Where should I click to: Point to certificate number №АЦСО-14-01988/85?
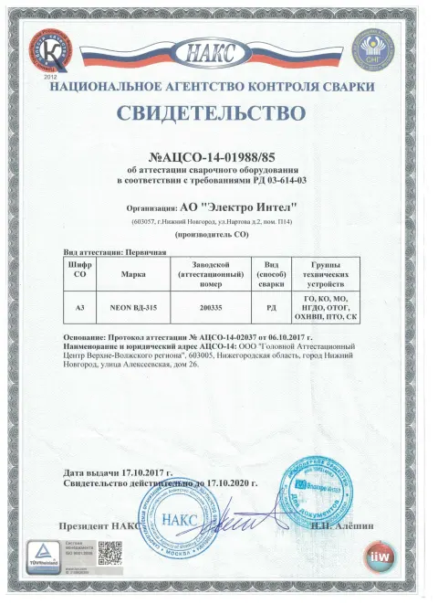220,157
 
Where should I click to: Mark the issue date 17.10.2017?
145,472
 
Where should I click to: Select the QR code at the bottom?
110,554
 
